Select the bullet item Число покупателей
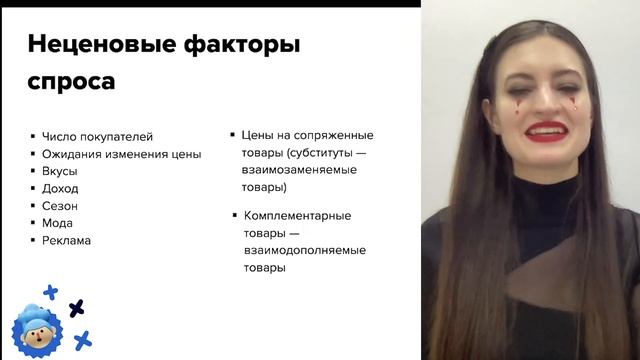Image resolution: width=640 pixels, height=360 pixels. (x=97, y=137)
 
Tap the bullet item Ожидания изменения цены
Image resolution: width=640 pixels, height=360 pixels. (x=121, y=154)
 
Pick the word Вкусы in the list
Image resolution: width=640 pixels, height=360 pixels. (x=59, y=171)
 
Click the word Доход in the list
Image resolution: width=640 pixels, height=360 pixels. (x=60, y=188)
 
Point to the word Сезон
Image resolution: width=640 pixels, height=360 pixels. (x=60, y=206)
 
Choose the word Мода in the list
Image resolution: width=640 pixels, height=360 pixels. (x=57, y=223)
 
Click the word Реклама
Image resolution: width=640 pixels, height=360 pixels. (x=66, y=240)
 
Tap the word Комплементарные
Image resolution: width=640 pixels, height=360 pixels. (x=298, y=215)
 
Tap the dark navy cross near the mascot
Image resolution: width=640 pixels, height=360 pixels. (x=76, y=308)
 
